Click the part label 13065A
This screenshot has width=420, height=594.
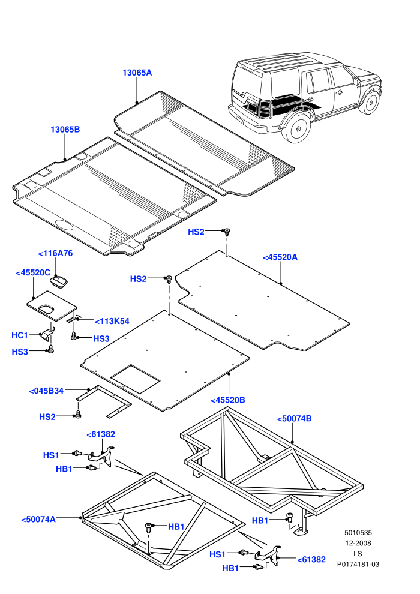click(x=137, y=73)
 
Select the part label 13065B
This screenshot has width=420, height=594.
click(x=65, y=130)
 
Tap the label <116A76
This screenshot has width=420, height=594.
click(x=56, y=253)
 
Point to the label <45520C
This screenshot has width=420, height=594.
click(x=33, y=273)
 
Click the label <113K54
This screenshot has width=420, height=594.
click(x=112, y=321)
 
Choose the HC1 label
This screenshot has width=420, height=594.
click(x=20, y=335)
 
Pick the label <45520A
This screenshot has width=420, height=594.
click(x=280, y=257)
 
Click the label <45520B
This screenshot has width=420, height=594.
click(x=227, y=400)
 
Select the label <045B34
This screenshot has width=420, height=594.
click(x=46, y=391)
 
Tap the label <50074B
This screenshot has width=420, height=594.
click(x=294, y=419)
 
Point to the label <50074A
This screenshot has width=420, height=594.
click(x=38, y=520)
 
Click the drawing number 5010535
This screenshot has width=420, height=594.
click(x=358, y=533)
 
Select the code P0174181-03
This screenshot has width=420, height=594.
click(x=358, y=565)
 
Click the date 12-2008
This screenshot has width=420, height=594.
click(x=358, y=543)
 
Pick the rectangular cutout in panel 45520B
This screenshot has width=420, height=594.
click(x=136, y=379)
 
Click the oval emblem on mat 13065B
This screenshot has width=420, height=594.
click(x=64, y=224)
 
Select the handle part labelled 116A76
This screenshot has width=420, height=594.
click(x=59, y=281)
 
